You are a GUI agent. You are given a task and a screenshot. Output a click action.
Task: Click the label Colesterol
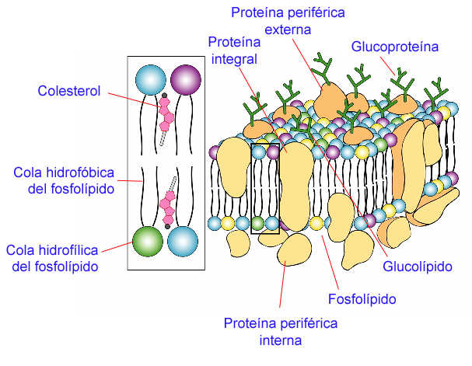[x=69, y=91]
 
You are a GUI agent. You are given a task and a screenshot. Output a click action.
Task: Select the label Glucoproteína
[x=395, y=47]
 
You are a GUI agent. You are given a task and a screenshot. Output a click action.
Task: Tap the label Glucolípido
[x=417, y=267]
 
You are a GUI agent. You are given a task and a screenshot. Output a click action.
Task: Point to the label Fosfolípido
[x=362, y=298]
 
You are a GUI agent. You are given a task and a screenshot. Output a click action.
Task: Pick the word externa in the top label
[x=288, y=30]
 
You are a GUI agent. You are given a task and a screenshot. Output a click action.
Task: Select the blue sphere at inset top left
[x=151, y=79]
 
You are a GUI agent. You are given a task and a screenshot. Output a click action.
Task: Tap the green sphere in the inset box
[x=147, y=240]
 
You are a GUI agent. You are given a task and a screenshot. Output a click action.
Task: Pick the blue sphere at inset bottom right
[x=183, y=240]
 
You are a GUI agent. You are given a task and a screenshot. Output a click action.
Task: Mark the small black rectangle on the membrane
[x=265, y=188]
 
